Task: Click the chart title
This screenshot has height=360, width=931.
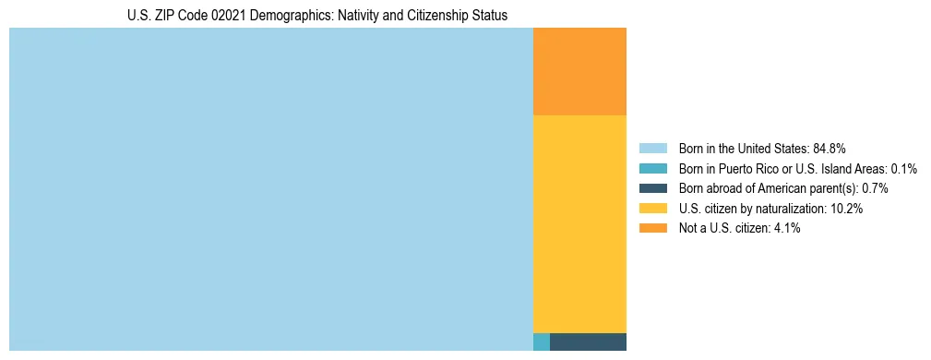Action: click(x=317, y=16)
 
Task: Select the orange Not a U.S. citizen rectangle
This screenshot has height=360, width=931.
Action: click(x=579, y=71)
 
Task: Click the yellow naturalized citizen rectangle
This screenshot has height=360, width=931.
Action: click(x=579, y=223)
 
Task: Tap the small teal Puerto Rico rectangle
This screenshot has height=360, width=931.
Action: click(x=542, y=342)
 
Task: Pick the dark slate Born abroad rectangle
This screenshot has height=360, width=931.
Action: click(x=588, y=342)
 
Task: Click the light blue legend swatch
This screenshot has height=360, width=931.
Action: click(x=653, y=149)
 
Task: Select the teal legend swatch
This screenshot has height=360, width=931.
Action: click(x=653, y=169)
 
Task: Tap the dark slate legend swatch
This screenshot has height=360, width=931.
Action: click(x=653, y=188)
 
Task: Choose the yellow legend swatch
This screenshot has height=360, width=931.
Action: click(x=653, y=209)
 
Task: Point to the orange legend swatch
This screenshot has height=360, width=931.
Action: click(x=653, y=228)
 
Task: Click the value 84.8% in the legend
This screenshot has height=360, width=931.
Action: click(x=830, y=149)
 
